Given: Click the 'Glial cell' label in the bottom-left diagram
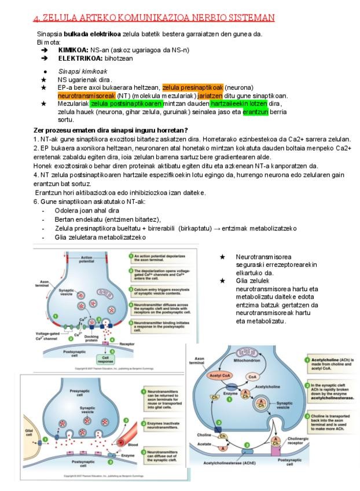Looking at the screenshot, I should pyautogui.click(x=28, y=433).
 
